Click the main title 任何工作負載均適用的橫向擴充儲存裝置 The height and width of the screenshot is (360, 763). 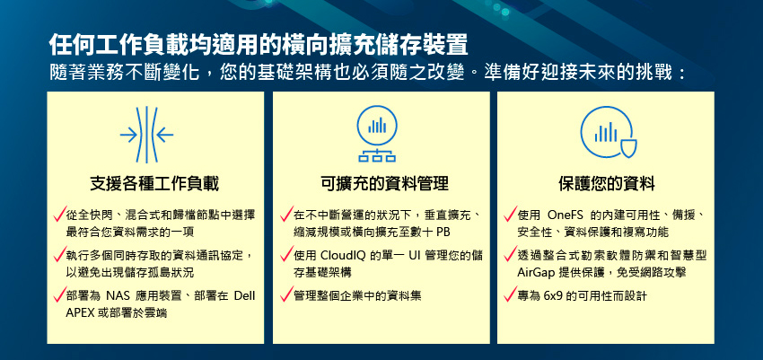coord(259,45)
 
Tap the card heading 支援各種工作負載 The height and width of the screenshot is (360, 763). coord(154,184)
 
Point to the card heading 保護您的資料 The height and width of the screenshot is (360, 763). coord(606,184)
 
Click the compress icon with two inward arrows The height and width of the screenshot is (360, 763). coord(146,135)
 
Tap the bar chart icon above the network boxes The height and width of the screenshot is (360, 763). coord(377,126)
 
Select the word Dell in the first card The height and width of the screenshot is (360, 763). coord(245,296)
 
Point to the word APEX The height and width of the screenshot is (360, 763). coord(80,313)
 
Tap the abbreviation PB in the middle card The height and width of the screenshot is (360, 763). coord(443,232)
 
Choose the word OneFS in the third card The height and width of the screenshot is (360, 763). coord(562,215)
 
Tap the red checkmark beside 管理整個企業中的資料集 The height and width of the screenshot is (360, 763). coord(286,294)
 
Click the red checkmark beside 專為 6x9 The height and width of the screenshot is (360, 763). coord(510,294)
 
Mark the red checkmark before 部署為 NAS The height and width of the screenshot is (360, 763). coord(60,294)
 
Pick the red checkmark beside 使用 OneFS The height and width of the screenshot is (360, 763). coord(510,213)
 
